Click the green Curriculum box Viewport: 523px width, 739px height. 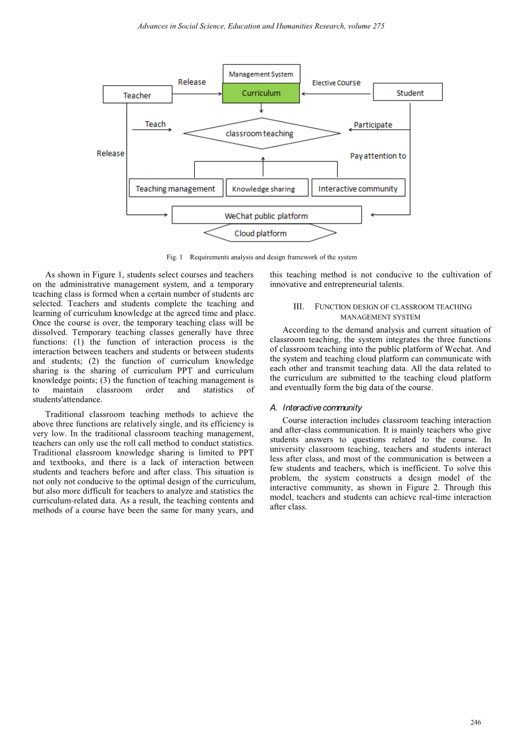pos(261,93)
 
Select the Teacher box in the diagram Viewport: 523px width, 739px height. pos(137,95)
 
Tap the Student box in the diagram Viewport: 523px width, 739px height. pos(408,93)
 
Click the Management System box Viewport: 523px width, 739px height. pos(261,74)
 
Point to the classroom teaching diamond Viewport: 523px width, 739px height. pos(261,134)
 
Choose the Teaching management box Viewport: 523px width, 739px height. pos(175,189)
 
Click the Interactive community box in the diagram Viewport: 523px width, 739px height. pos(358,189)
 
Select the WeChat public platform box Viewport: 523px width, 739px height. pos(267,216)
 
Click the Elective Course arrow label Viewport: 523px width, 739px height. pos(336,83)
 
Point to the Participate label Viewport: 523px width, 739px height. pos(373,125)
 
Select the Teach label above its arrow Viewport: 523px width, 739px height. pos(155,124)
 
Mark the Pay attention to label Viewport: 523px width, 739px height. pos(378,156)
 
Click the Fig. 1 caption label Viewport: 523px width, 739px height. pos(175,257)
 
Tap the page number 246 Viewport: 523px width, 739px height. pos(476,723)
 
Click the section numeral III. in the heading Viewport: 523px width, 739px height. pos(299,307)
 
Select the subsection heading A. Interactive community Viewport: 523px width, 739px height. pos(316,408)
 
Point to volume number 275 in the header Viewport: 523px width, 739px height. pos(378,26)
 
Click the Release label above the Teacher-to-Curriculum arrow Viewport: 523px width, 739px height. pos(192,82)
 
